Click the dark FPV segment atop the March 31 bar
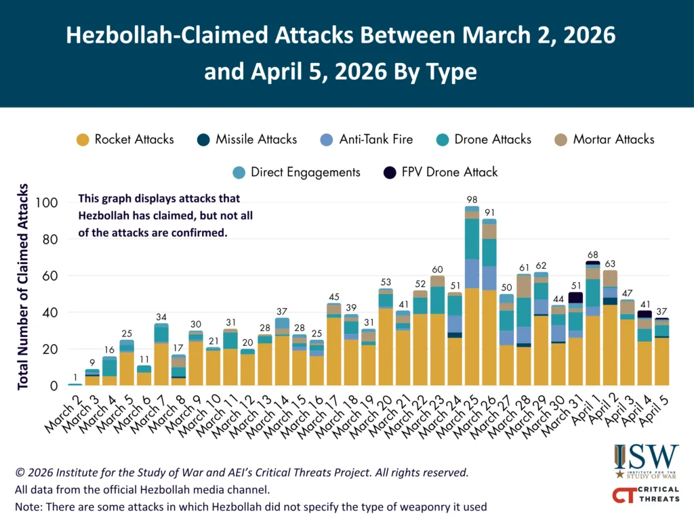click(575, 297)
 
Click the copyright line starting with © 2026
click(241, 472)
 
